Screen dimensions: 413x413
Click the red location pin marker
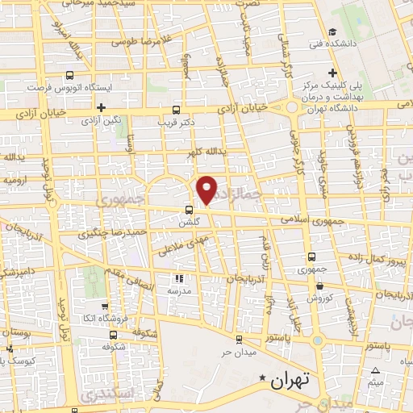(207, 188)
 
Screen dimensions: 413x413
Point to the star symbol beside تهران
(261, 378)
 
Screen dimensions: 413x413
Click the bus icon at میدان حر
(239, 340)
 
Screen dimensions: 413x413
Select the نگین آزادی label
(101, 120)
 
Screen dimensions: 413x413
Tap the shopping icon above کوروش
(320, 285)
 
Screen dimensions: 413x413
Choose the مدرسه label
(177, 287)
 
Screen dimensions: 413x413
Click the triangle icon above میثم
(375, 370)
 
